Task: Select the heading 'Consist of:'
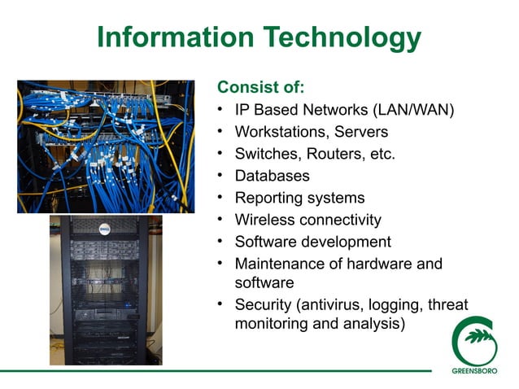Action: tap(260, 86)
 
